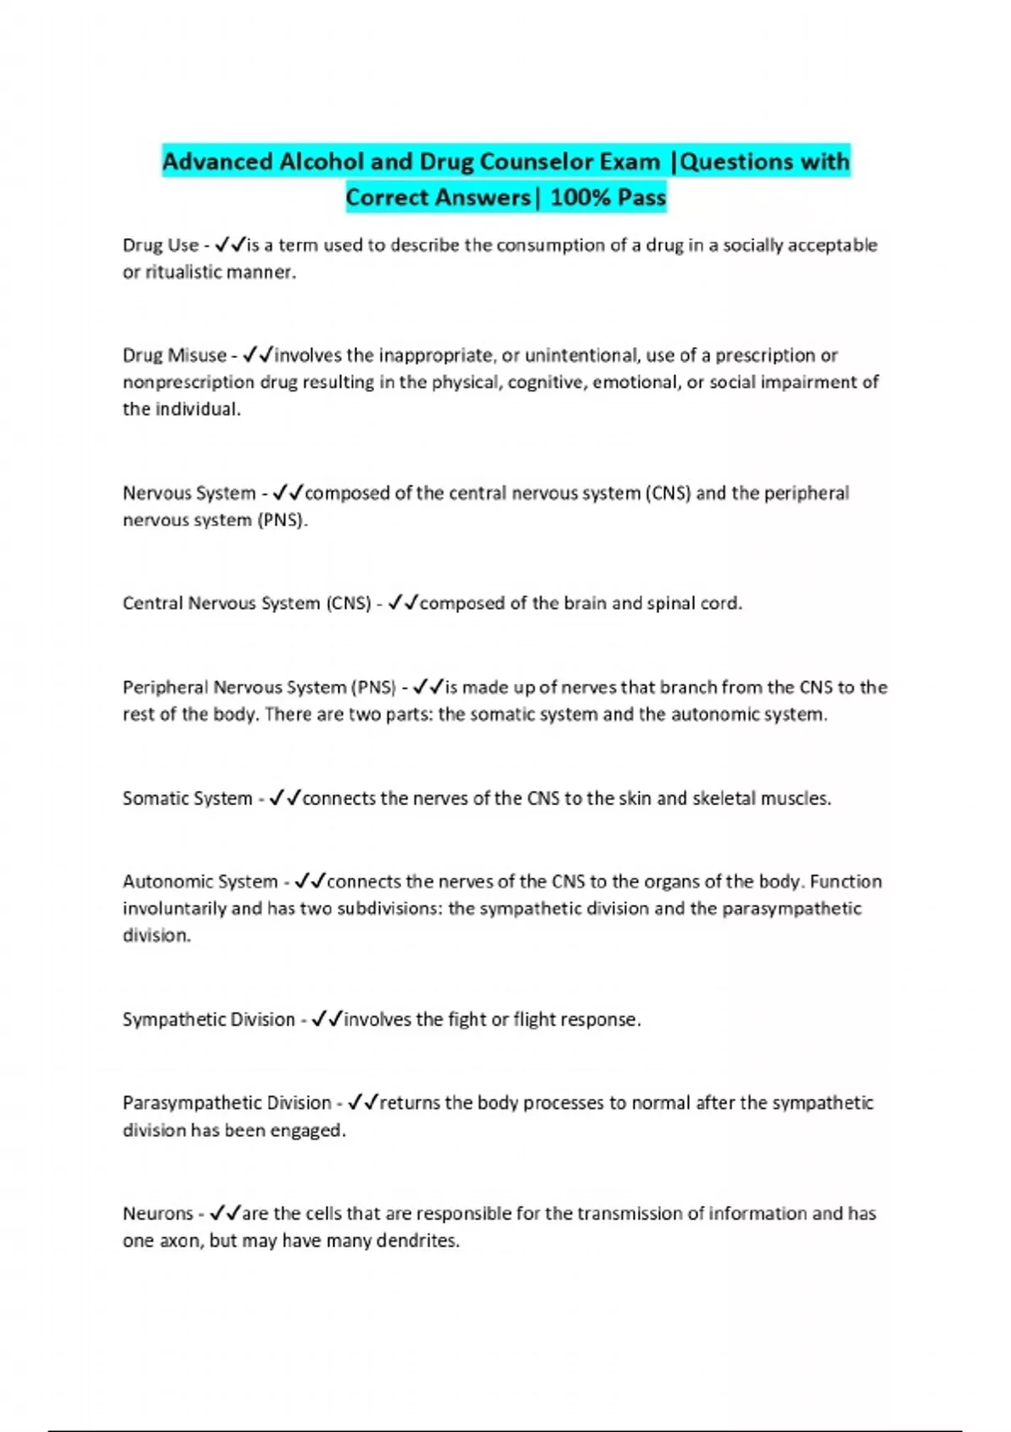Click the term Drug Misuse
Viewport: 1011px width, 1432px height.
[174, 355]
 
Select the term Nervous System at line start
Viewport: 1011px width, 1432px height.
[189, 493]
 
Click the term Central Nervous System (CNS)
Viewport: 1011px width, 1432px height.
[246, 603]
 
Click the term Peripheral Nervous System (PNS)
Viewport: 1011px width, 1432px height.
[259, 687]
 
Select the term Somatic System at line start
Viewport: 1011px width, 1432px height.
[187, 798]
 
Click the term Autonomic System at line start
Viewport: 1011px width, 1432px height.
[200, 882]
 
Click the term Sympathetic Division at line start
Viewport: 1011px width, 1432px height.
[208, 1019]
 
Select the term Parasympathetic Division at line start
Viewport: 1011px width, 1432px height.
[227, 1103]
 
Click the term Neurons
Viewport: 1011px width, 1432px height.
[158, 1214]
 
